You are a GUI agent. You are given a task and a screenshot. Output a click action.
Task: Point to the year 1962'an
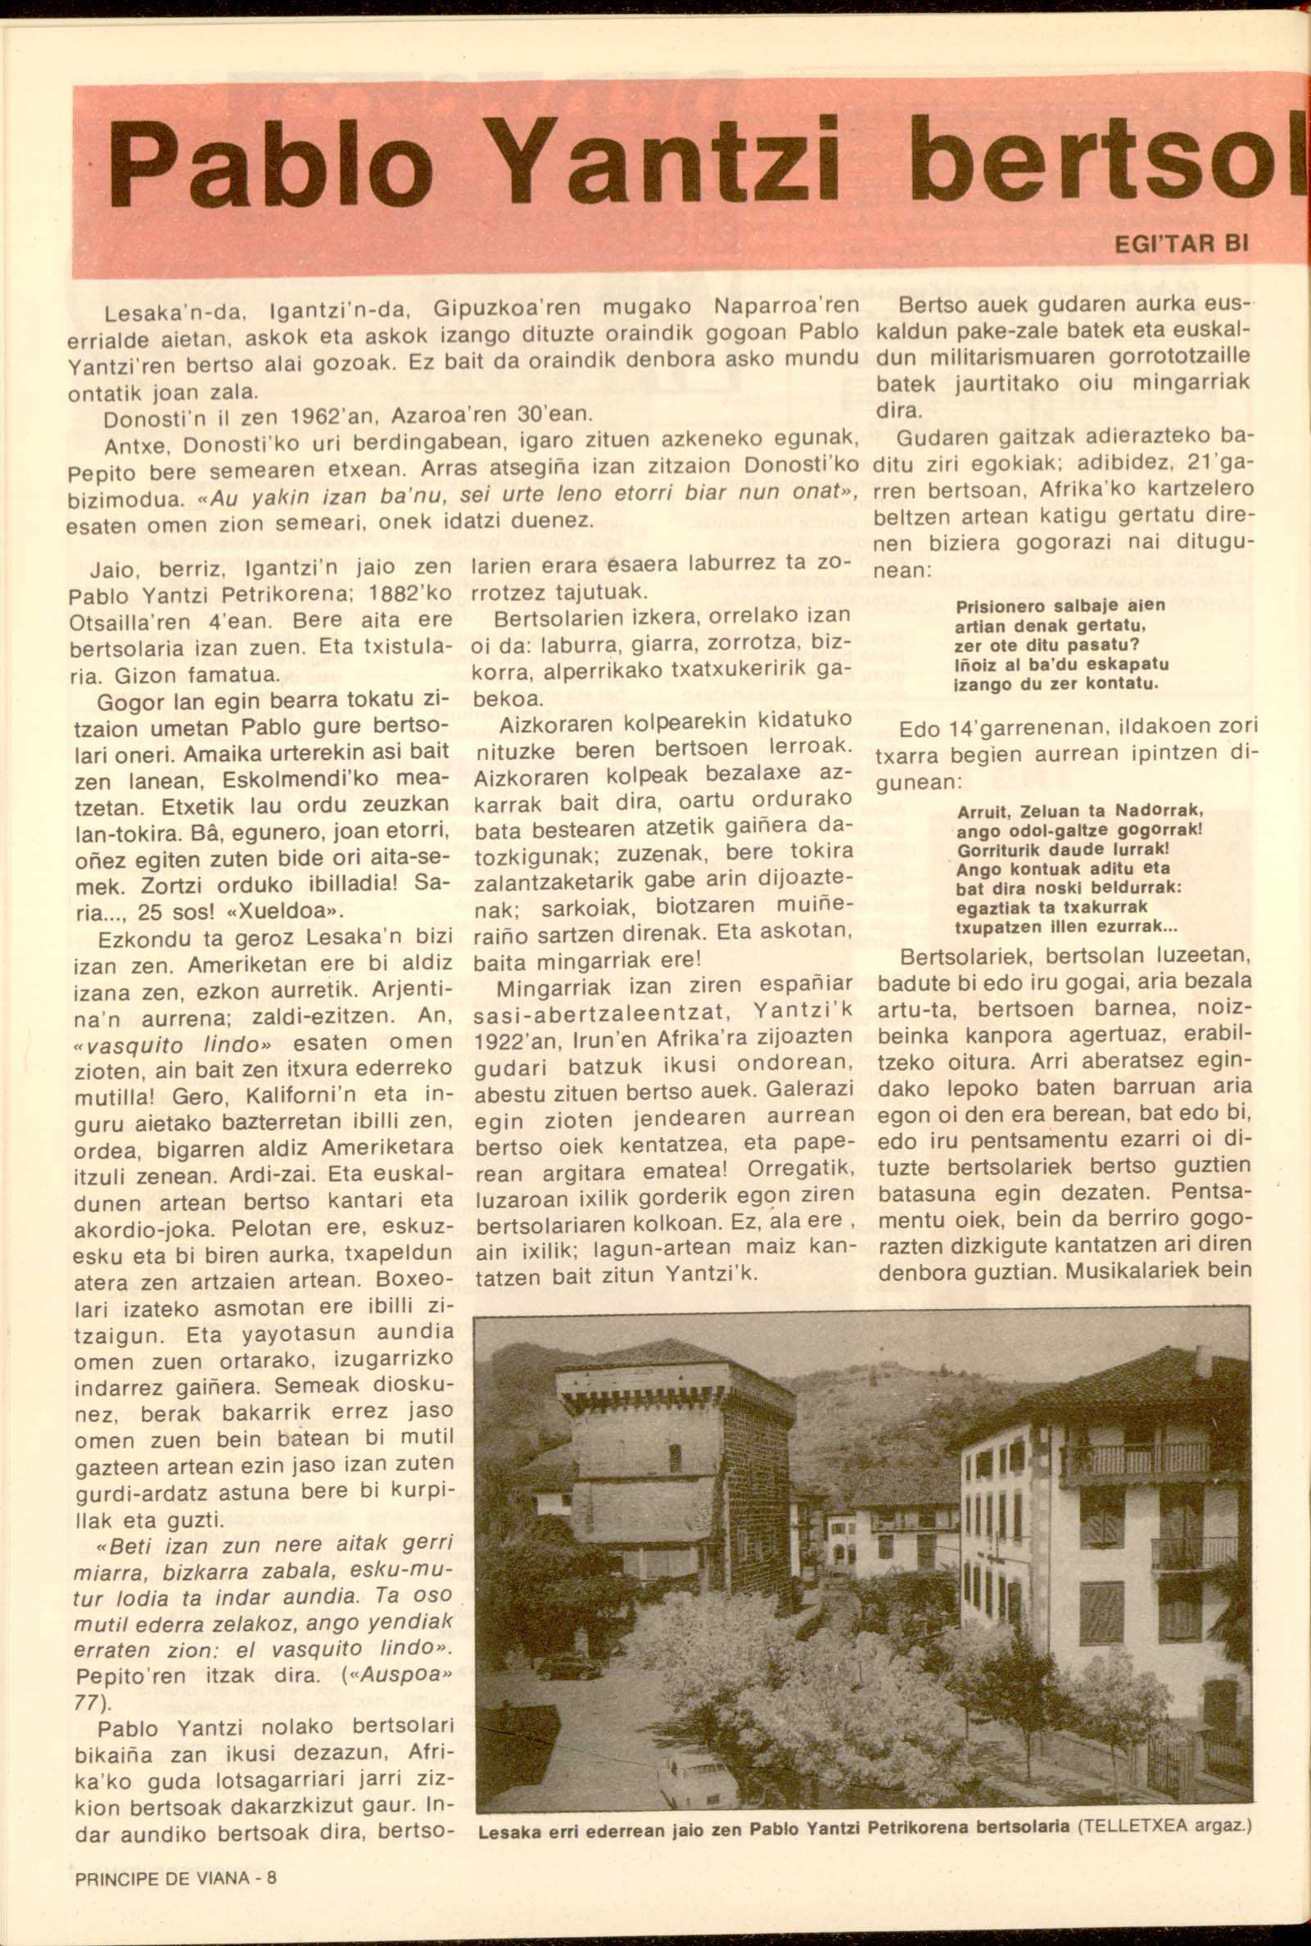point(324,414)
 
